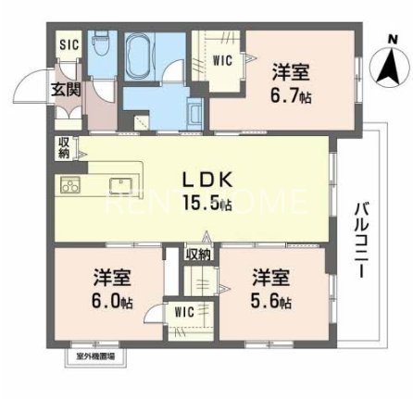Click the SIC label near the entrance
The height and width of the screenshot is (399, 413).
pyautogui.click(x=69, y=44)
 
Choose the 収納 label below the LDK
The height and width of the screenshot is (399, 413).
pyautogui.click(x=196, y=253)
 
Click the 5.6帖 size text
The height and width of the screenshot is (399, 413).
pyautogui.click(x=272, y=302)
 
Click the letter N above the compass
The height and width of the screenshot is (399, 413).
pyautogui.click(x=393, y=37)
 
